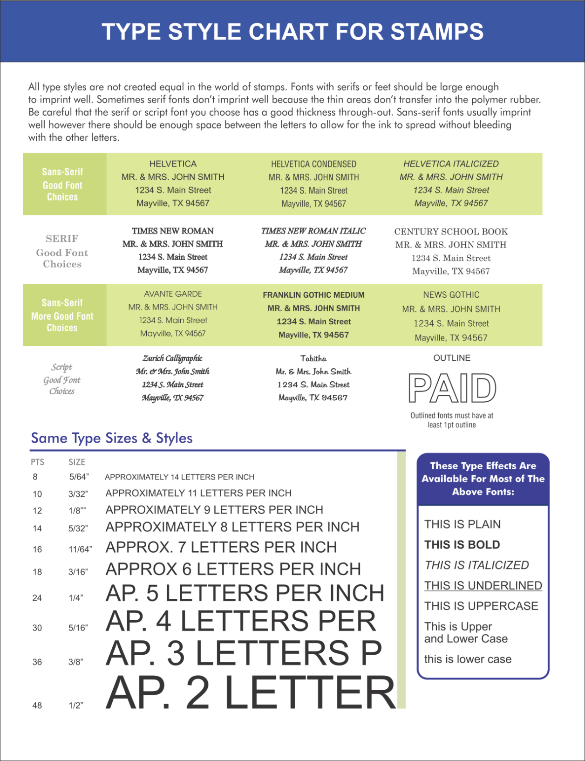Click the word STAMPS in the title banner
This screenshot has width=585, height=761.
coord(437,32)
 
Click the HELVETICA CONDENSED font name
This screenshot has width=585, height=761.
coord(313,164)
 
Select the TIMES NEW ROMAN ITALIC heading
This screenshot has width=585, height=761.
coord(313,231)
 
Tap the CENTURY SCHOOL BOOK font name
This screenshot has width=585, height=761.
coord(451,232)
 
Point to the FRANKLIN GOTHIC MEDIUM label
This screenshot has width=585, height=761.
coord(313,295)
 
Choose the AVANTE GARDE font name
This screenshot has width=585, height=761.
coord(173,294)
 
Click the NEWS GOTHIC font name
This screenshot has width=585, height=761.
coord(451,295)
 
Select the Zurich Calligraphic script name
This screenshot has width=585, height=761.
coord(172,358)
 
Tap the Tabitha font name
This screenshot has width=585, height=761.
coord(313,358)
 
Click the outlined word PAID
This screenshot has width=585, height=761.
coord(452,388)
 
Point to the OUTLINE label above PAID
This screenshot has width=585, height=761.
coord(452,358)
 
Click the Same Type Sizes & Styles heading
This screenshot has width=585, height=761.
coord(112,438)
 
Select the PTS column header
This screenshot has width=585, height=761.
coord(38,462)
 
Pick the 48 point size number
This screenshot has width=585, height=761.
coord(37,706)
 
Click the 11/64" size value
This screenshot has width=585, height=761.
coord(80,549)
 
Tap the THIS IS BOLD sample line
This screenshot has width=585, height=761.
coord(462,545)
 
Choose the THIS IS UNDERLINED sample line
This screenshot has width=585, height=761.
coord(483,585)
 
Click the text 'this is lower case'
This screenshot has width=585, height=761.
coord(468,659)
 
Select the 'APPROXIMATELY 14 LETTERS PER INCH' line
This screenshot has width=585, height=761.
coord(179,477)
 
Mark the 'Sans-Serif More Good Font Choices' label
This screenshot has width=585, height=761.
coord(62,315)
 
